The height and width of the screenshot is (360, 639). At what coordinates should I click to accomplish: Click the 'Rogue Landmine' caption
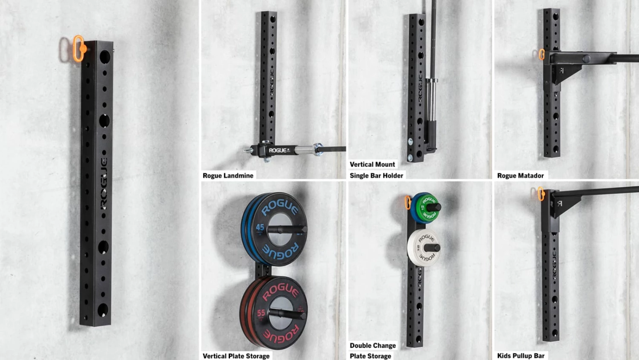pos(228,176)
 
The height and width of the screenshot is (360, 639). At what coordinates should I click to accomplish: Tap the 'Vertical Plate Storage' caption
pos(236,356)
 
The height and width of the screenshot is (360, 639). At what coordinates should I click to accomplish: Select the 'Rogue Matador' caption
pos(520,176)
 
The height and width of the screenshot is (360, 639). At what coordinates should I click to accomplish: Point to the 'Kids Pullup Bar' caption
pos(521,356)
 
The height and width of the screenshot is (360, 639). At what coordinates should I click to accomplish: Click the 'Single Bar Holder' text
pos(376,176)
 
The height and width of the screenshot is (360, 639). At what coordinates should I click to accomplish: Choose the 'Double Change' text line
pos(373,346)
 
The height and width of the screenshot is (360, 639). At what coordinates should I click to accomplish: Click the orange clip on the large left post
pos(79,49)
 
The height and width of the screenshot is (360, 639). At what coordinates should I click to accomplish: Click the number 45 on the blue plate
pos(260,228)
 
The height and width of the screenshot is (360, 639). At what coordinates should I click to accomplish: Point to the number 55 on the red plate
pos(261,313)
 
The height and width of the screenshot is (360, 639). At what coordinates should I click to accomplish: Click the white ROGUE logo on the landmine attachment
pos(278,150)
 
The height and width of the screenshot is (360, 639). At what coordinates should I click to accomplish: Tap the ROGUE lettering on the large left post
pos(104,183)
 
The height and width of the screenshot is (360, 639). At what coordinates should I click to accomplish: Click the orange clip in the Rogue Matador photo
pos(541,55)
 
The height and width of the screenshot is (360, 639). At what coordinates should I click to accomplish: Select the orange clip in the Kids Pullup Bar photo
pos(541,194)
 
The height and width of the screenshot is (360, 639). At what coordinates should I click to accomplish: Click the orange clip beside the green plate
pos(408,203)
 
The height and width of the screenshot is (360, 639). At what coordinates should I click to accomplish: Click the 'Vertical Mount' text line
pos(372,164)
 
